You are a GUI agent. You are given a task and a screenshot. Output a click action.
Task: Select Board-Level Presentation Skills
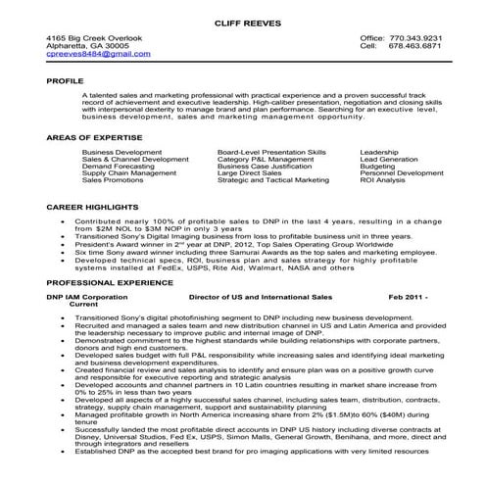[272, 153]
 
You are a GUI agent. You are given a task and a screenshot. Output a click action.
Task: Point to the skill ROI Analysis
[383, 180]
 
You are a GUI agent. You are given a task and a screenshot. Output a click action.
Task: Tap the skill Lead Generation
[390, 160]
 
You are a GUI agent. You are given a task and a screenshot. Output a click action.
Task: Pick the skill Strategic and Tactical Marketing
[273, 180]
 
